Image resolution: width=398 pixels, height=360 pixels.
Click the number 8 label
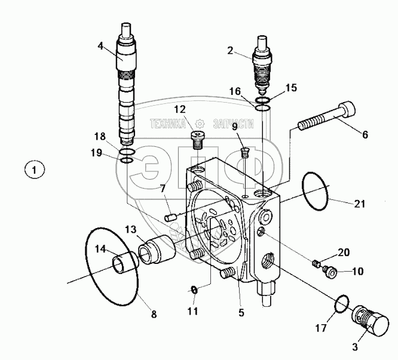tap(154, 313)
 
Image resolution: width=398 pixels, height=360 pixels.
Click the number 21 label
tap(359, 204)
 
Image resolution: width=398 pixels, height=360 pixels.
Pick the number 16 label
tap(236, 91)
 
